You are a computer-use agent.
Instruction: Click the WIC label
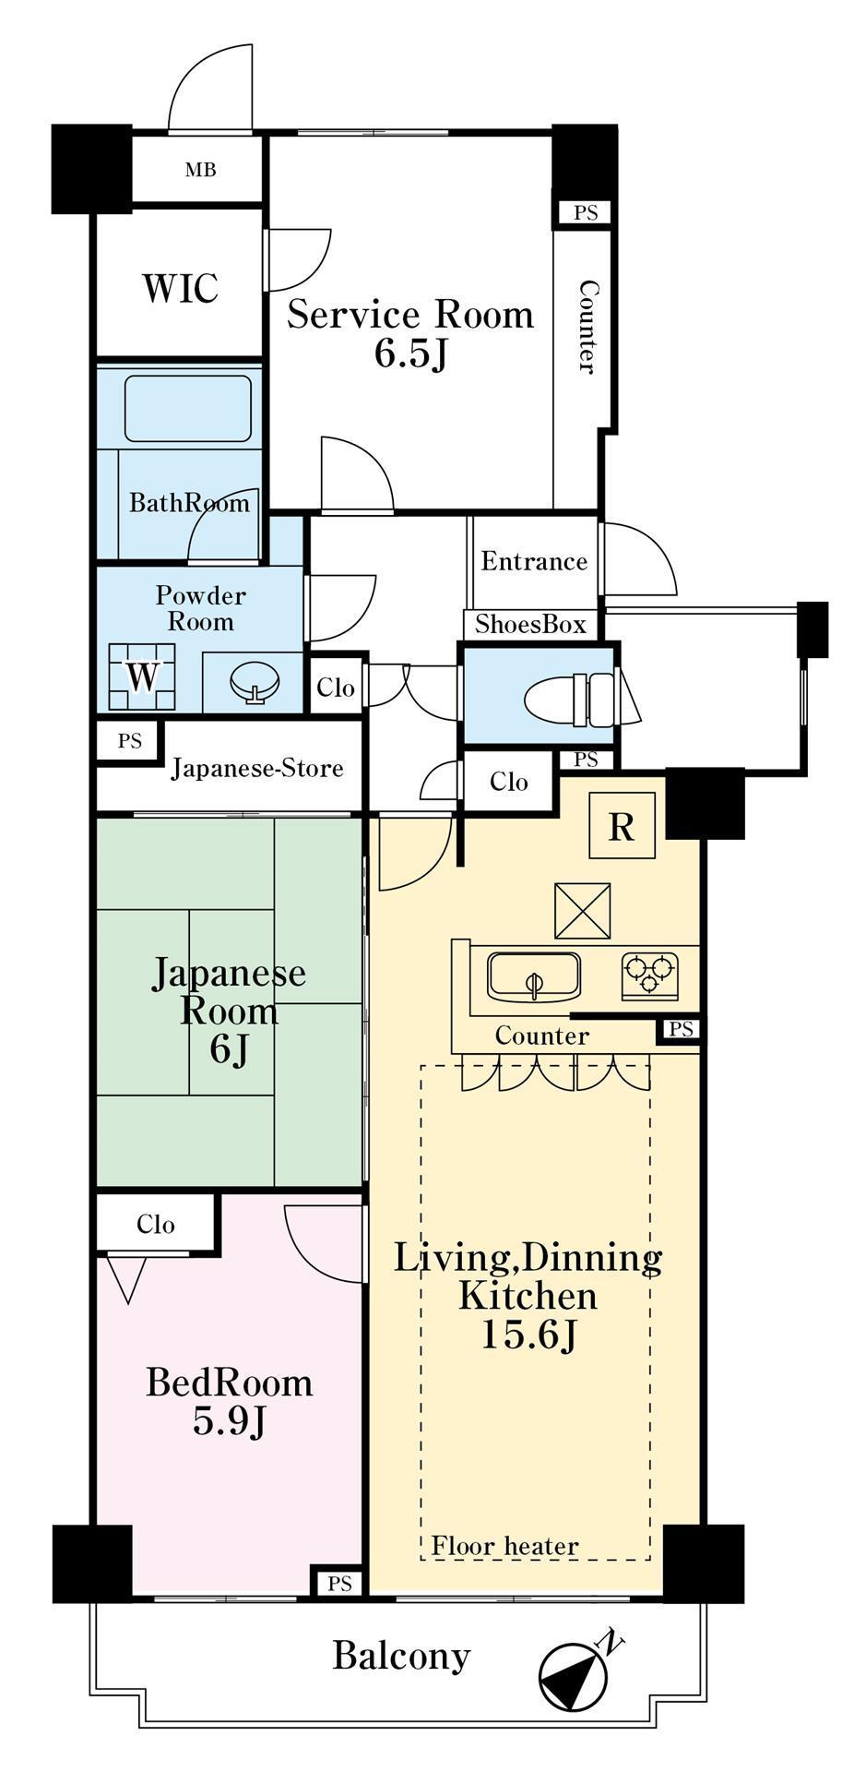(x=180, y=288)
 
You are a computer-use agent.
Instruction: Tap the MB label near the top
(x=200, y=170)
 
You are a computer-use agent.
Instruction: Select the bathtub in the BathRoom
(x=188, y=408)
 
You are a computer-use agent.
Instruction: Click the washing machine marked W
(x=142, y=676)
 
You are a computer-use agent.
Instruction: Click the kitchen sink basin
(x=534, y=976)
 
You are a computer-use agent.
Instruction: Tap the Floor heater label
(x=504, y=1545)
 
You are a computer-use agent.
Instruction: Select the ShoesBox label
(x=530, y=625)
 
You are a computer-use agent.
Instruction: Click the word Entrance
(x=534, y=561)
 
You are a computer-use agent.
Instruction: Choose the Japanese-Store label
(x=257, y=768)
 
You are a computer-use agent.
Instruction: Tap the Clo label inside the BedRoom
(x=155, y=1224)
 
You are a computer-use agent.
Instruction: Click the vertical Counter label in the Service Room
(x=587, y=327)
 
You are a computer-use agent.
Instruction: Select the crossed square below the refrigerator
(x=583, y=911)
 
